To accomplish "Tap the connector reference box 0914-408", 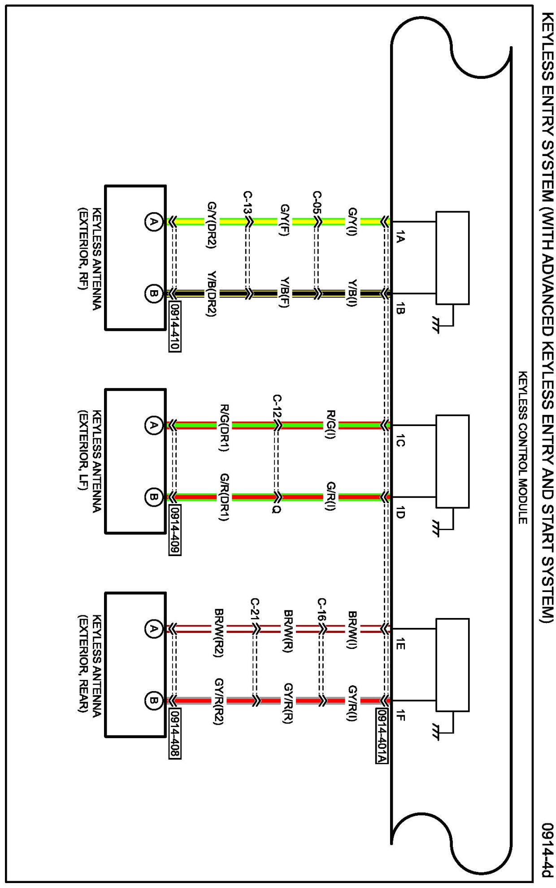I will (175, 734).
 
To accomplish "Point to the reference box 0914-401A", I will (381, 736).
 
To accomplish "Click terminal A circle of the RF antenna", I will (153, 222).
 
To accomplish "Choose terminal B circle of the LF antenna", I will (153, 497).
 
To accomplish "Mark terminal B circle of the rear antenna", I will (153, 701).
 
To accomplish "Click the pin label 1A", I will (400, 236).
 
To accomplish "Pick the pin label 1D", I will (400, 512).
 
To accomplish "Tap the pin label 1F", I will (400, 716).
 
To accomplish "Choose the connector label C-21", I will (255, 609).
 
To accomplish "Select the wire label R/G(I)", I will (331, 424).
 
